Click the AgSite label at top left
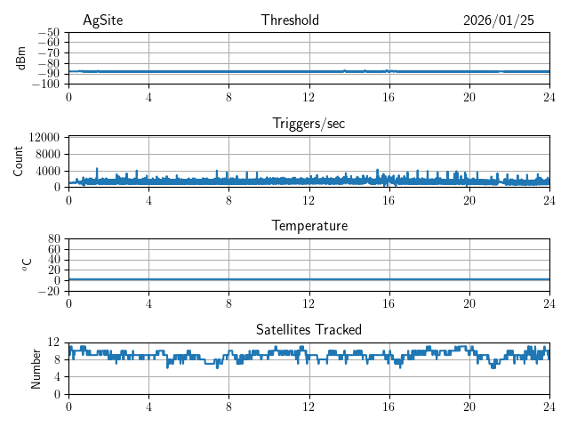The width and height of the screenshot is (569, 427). pos(100,20)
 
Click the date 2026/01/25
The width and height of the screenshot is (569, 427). pos(498,20)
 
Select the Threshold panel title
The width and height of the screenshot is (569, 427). pos(290,20)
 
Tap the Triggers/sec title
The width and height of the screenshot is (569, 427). pos(309,124)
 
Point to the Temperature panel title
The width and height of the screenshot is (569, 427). pos(309,226)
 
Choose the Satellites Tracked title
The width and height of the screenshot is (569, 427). pos(309,329)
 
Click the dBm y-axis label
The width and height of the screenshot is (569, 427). pos(22,58)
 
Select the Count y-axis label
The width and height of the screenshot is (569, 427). pos(19,161)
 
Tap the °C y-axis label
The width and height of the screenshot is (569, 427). pos(27,264)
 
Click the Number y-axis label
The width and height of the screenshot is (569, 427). pos(36,367)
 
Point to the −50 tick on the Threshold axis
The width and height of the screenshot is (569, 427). pos(49,32)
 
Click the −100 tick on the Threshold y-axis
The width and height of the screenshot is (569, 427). pos(46,84)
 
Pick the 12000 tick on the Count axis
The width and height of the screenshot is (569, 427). pos(44,137)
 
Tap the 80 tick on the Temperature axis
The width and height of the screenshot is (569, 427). pos(53,239)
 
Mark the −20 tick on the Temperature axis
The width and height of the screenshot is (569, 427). pos(49,291)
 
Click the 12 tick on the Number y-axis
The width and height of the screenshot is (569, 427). pos(53,342)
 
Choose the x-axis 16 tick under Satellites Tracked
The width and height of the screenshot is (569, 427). pos(389,406)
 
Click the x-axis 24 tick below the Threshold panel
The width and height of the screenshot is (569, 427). pos(549,97)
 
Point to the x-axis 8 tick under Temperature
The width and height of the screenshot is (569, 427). pos(228,302)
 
